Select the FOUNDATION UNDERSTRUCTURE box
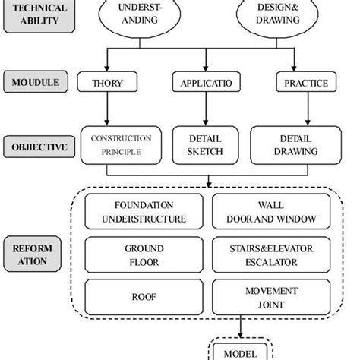point(144,213)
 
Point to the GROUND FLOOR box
point(144,254)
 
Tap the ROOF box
point(144,297)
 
